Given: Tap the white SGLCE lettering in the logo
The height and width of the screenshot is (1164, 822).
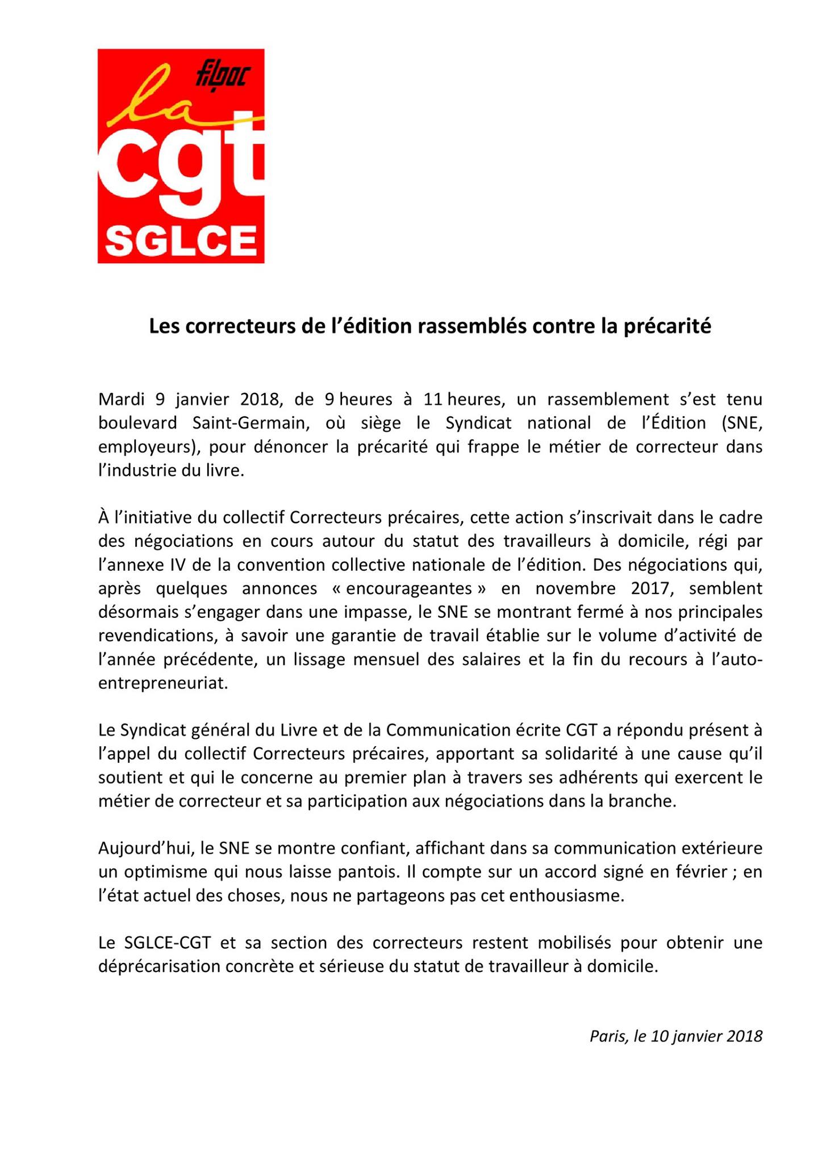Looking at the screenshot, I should tap(181, 241).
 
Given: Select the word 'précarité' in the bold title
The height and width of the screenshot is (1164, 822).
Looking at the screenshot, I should tap(668, 326).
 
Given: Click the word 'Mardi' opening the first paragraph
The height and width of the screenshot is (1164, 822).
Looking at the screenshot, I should tap(119, 399).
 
